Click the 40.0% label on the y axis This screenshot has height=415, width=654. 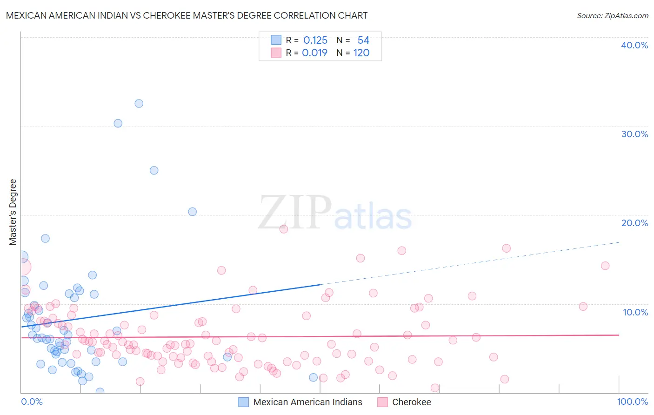[634, 45]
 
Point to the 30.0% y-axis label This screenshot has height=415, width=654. [634, 134]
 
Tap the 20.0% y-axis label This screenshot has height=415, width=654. [634, 223]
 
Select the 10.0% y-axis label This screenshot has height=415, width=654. [635, 312]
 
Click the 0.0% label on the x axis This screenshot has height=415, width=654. [32, 402]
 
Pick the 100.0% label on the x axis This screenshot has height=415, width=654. [633, 402]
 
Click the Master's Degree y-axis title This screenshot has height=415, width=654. [13, 212]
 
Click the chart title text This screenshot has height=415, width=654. [187, 15]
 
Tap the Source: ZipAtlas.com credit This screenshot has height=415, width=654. [612, 15]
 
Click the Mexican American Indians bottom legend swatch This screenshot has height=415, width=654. [244, 402]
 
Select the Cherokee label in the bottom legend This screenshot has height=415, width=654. [411, 402]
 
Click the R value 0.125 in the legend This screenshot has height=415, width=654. [315, 40]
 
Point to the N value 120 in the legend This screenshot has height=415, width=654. [361, 53]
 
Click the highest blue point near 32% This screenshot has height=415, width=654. [139, 103]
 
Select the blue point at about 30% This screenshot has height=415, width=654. [118, 123]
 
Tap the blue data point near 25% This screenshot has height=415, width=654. [154, 170]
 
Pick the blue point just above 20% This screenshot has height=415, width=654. [192, 212]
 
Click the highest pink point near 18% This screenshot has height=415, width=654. [284, 229]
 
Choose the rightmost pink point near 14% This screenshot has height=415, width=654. [605, 266]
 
